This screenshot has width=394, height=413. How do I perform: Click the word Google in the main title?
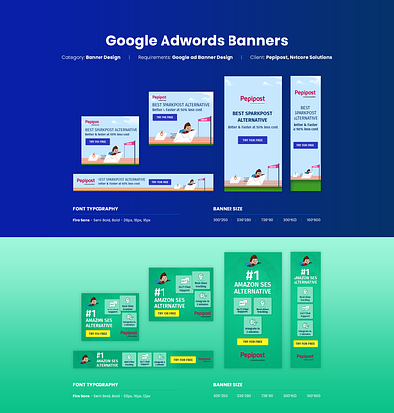pyautogui.click(x=137, y=41)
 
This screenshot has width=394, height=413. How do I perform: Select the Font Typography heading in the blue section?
pyautogui.click(x=97, y=208)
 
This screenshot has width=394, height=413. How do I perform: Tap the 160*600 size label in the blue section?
pyautogui.click(x=314, y=220)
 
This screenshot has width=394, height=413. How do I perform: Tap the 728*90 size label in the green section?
pyautogui.click(x=266, y=395)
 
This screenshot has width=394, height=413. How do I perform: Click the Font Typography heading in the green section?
pyautogui.click(x=97, y=384)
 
